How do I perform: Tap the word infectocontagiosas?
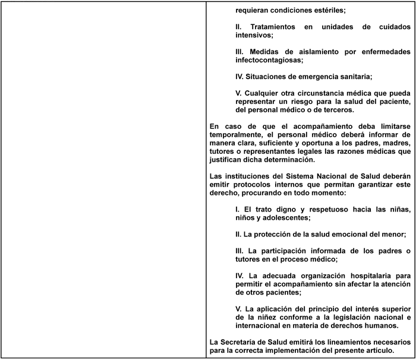269,60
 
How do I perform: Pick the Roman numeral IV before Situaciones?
240,77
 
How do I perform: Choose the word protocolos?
255,185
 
